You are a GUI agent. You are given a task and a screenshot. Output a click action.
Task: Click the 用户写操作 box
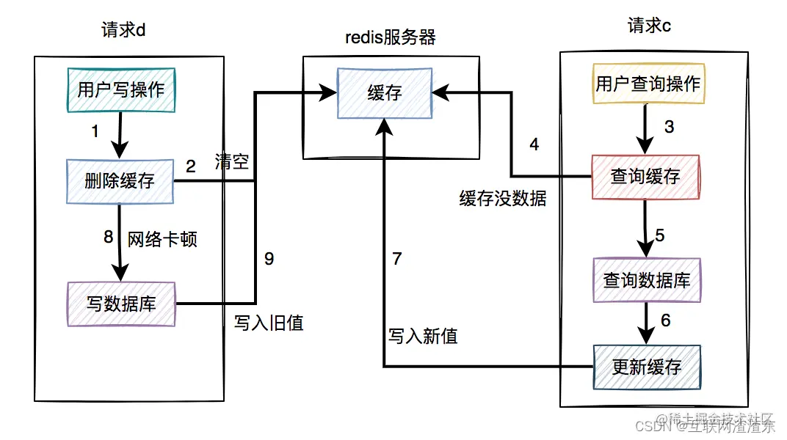(x=121, y=90)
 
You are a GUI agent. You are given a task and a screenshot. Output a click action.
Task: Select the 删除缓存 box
(x=120, y=181)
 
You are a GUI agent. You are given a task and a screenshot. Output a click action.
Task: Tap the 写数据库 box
(x=121, y=304)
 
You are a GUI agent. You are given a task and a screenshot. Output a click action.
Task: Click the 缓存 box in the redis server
(x=384, y=92)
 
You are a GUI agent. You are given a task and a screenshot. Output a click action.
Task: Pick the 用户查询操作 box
(x=647, y=84)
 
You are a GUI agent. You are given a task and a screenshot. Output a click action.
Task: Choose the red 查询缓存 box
(x=646, y=177)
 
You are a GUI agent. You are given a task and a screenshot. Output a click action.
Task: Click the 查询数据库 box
(x=647, y=281)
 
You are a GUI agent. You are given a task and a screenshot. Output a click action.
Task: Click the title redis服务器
(x=391, y=38)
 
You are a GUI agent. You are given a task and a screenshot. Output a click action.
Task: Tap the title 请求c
(x=649, y=27)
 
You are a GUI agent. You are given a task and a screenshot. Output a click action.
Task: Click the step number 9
(x=269, y=259)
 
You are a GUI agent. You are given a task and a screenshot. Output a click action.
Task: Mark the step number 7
(x=398, y=259)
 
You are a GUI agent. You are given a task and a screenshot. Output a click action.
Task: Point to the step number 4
(x=534, y=145)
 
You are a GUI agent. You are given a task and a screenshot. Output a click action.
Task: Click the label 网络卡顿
(x=162, y=239)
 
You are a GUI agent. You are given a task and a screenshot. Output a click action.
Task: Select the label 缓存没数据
(x=503, y=199)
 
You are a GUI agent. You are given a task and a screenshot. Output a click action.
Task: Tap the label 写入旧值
(x=269, y=323)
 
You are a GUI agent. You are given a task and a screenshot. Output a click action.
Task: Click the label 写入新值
(x=423, y=337)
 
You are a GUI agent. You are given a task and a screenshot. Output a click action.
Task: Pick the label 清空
(x=232, y=162)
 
